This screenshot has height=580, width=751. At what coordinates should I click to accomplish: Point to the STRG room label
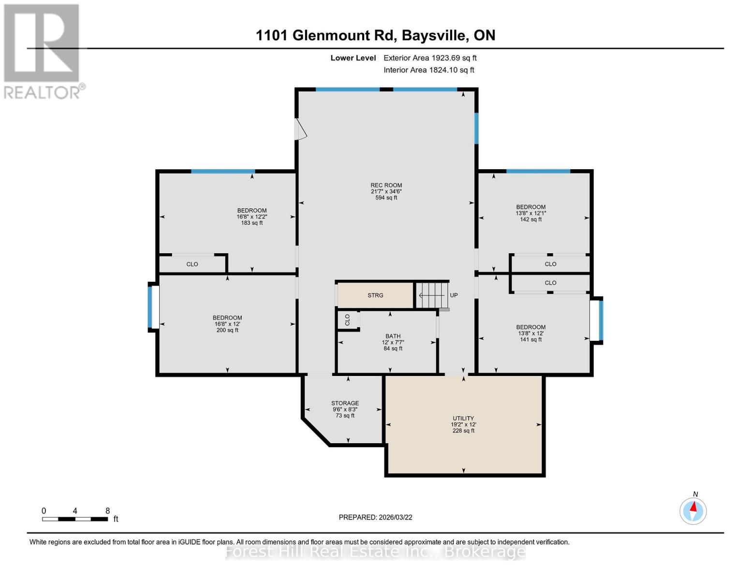375,295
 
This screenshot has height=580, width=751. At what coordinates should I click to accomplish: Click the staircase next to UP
431,295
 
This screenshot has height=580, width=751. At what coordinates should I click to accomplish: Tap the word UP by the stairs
454,295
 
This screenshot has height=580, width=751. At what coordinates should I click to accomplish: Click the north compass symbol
693,510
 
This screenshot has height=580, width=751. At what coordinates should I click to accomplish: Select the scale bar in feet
75,519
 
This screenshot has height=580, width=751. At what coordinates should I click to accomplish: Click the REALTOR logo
43,51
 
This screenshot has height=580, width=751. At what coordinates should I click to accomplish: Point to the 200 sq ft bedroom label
227,324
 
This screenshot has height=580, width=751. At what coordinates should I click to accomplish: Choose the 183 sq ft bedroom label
251,217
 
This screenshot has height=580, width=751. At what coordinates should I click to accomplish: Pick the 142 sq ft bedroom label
530,213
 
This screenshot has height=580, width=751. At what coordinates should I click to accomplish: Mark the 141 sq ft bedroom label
530,333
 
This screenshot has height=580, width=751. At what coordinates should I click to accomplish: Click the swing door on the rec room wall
300,130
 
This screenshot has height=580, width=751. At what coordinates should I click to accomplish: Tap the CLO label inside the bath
348,319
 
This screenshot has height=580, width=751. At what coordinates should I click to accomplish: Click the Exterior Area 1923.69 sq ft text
430,58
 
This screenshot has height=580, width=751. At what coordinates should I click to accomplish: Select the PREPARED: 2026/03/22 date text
375,517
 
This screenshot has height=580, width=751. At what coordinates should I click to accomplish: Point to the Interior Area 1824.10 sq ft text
428,70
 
